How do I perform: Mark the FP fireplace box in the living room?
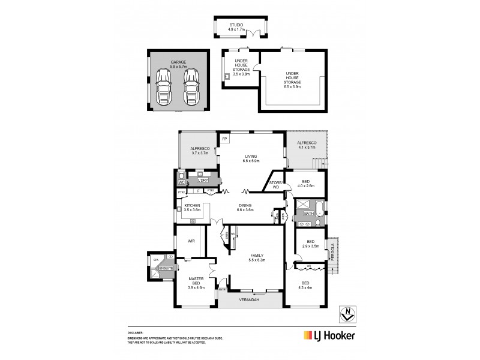[x=224, y=139]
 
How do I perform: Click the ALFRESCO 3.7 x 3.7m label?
[x=199, y=150]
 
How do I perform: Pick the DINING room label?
[x=246, y=208]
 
